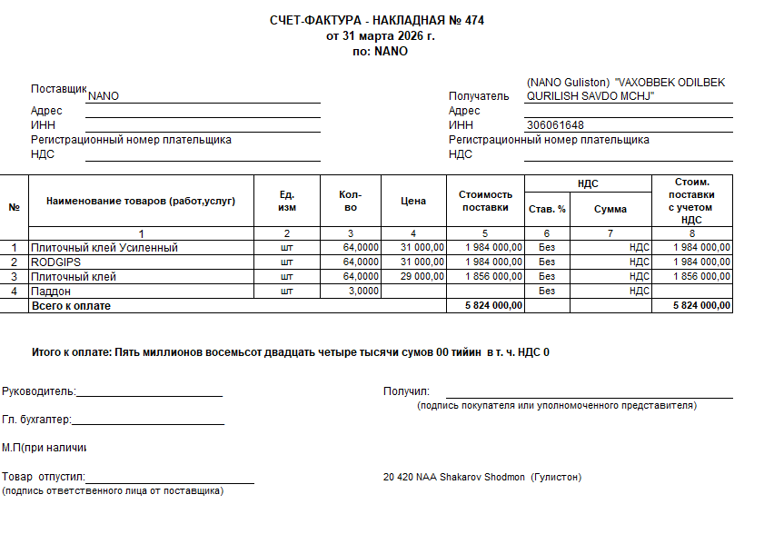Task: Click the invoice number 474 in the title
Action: (x=474, y=20)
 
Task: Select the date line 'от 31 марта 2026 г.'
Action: (x=381, y=36)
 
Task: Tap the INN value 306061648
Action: (x=554, y=125)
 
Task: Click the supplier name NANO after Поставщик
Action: (x=104, y=95)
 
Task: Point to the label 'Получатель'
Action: (x=479, y=95)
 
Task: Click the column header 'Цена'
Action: (x=413, y=201)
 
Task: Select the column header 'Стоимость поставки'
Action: (x=485, y=201)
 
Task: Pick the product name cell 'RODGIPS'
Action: (x=56, y=262)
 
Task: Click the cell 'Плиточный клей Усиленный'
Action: (x=104, y=247)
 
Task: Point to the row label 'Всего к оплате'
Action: (x=71, y=306)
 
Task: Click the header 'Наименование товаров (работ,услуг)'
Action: (x=141, y=201)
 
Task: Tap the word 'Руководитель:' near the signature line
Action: (x=40, y=391)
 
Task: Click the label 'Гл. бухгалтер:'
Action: (x=36, y=420)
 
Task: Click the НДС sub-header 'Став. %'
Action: (x=547, y=209)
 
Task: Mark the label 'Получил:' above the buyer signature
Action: (x=406, y=391)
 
